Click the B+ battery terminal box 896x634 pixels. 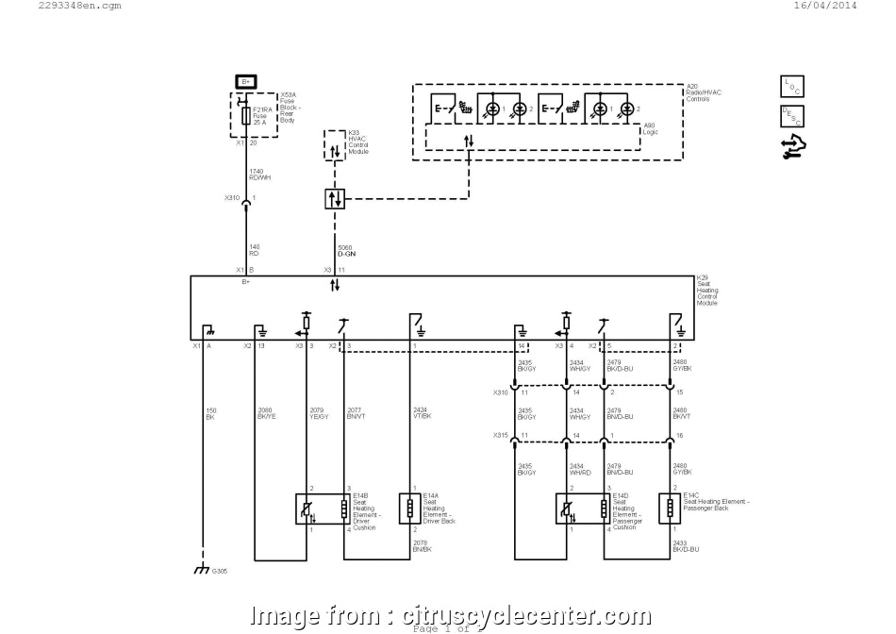(245, 82)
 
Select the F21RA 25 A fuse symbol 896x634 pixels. (246, 115)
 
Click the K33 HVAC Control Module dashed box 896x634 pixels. (336, 145)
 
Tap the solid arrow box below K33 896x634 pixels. (335, 198)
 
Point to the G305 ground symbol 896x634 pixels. (200, 571)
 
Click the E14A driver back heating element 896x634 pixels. (410, 508)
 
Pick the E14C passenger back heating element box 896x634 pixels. (668, 508)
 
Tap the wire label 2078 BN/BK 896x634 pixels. (422, 545)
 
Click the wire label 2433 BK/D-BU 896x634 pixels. (685, 545)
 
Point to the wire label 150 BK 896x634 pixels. (211, 412)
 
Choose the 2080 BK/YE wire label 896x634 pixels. (267, 412)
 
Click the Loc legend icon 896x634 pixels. (789, 87)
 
